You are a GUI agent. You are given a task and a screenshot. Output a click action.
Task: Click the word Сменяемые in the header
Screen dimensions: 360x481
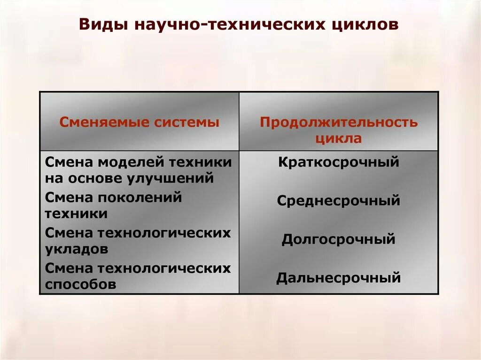97,123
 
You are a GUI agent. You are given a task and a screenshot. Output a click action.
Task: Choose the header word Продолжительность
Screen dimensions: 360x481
339,123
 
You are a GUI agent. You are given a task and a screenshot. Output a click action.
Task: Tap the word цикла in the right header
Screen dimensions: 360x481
339,138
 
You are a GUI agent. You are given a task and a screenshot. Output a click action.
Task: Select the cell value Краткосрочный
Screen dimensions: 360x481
339,162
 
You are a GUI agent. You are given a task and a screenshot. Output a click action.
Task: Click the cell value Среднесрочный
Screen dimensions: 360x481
339,201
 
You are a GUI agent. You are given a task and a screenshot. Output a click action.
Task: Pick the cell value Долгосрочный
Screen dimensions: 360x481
339,239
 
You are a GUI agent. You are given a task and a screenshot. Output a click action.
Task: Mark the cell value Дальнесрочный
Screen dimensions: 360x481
339,278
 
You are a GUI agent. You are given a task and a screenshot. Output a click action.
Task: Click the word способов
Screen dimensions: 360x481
80,284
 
